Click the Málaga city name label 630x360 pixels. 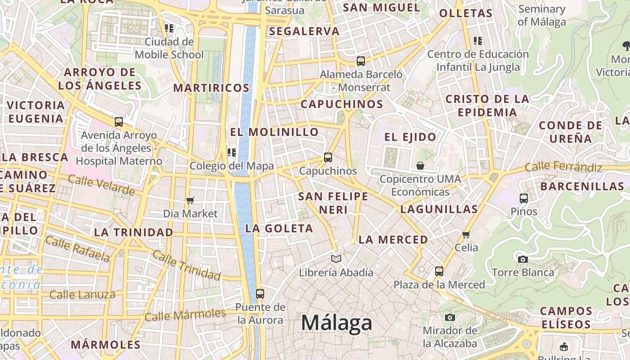(337, 323)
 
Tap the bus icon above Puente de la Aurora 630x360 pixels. (260, 294)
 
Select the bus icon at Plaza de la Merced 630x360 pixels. (439, 271)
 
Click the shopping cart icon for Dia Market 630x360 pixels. (190, 200)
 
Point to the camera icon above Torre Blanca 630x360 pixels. (522, 259)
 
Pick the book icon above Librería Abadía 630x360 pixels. (336, 259)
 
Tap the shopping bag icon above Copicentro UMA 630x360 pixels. (420, 166)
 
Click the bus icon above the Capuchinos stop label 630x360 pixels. (328, 157)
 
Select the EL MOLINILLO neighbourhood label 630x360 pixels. (274, 132)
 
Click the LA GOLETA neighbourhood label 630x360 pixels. (279, 229)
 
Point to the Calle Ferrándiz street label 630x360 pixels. (563, 167)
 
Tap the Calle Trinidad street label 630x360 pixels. (186, 265)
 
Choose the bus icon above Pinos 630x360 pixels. (524, 198)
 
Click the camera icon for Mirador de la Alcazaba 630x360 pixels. (450, 318)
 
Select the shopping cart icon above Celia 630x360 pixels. (466, 234)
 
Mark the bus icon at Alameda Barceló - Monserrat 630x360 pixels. (361, 61)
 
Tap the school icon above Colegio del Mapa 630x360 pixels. (232, 153)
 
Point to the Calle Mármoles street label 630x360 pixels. (185, 315)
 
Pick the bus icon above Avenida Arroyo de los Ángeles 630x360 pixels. (119, 122)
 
